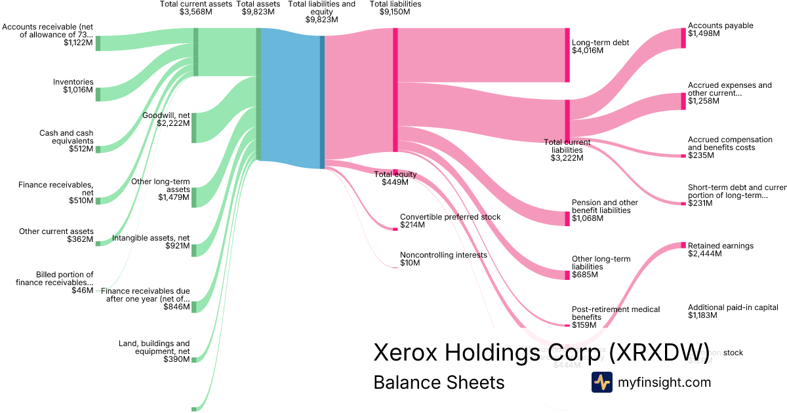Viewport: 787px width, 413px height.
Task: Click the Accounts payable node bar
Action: [x=683, y=38]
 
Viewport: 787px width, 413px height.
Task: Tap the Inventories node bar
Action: [x=98, y=94]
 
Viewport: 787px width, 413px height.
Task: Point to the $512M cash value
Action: [x=81, y=149]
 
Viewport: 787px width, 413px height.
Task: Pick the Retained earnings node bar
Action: [x=683, y=246]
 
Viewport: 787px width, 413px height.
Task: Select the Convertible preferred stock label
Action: [x=450, y=217]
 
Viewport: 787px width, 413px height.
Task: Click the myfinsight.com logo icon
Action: [x=601, y=382]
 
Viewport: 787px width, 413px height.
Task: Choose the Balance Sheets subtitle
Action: [x=439, y=383]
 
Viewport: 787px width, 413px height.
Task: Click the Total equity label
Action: [x=395, y=174]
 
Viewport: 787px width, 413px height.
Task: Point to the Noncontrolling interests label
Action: [x=443, y=255]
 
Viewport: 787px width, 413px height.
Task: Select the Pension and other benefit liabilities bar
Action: [x=567, y=218]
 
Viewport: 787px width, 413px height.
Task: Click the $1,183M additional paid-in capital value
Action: [x=702, y=315]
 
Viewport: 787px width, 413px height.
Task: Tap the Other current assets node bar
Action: [x=98, y=243]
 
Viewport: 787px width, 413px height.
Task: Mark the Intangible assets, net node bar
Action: [x=194, y=250]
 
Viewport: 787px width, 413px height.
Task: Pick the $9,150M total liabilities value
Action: [x=395, y=12]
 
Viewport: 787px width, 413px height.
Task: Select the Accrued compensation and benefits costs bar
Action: [x=683, y=156]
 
